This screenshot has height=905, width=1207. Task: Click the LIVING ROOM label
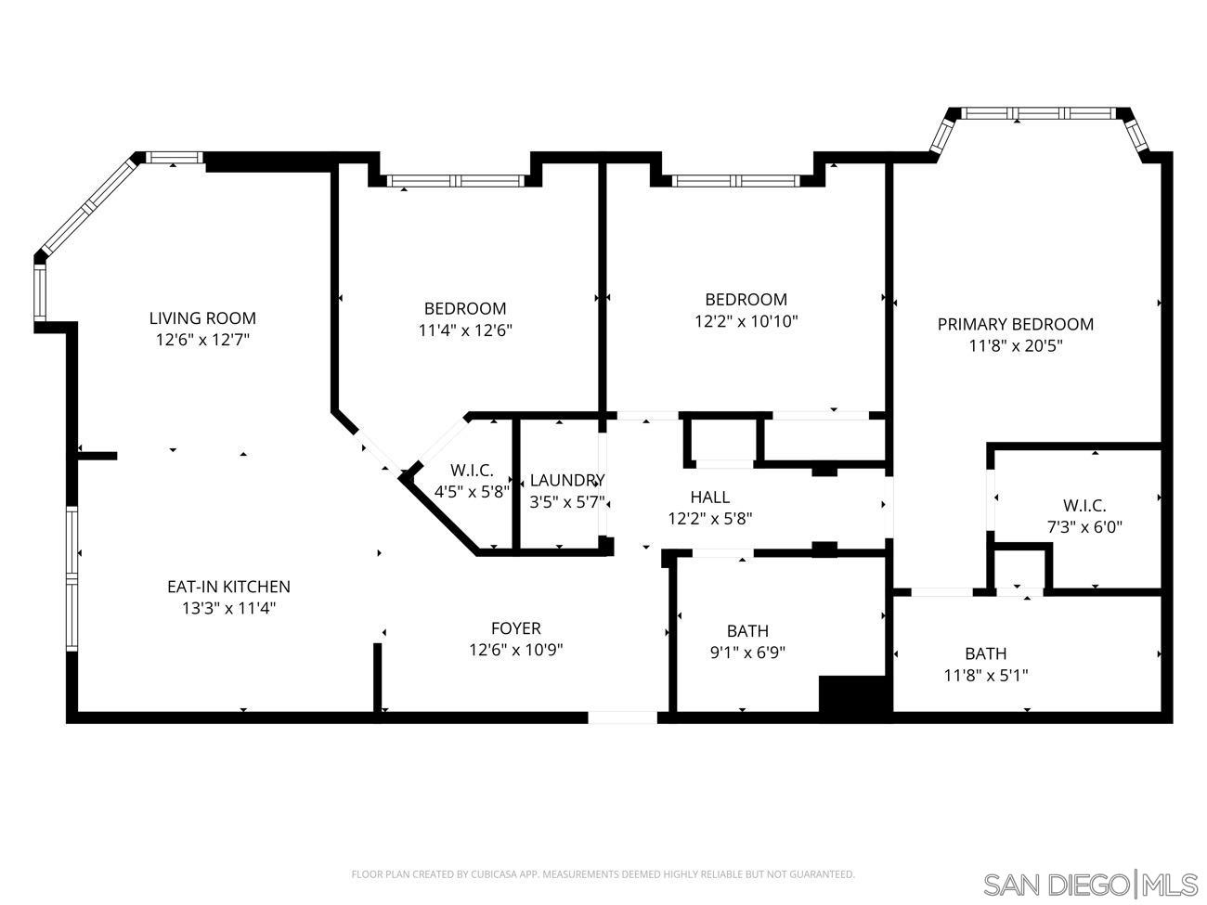202,318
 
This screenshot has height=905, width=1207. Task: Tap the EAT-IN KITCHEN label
228,587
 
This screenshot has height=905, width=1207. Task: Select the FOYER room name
515,628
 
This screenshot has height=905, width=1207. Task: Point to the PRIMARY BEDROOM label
1015,324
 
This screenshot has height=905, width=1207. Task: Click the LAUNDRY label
567,480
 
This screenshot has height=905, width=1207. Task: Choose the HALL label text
709,498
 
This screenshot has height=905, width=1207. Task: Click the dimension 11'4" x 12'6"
465,330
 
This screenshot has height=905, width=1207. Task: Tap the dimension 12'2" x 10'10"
746,321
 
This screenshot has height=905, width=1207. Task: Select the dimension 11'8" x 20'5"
1015,346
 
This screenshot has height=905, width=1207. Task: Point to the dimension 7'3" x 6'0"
1084,527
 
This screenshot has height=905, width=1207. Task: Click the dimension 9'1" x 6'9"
747,653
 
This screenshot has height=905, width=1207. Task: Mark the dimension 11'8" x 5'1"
985,676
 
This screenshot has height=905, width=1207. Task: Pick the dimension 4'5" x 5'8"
472,492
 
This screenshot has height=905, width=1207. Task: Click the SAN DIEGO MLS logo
1089,884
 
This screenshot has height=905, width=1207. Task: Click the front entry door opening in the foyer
622,717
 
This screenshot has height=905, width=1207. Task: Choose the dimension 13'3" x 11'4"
228,609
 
